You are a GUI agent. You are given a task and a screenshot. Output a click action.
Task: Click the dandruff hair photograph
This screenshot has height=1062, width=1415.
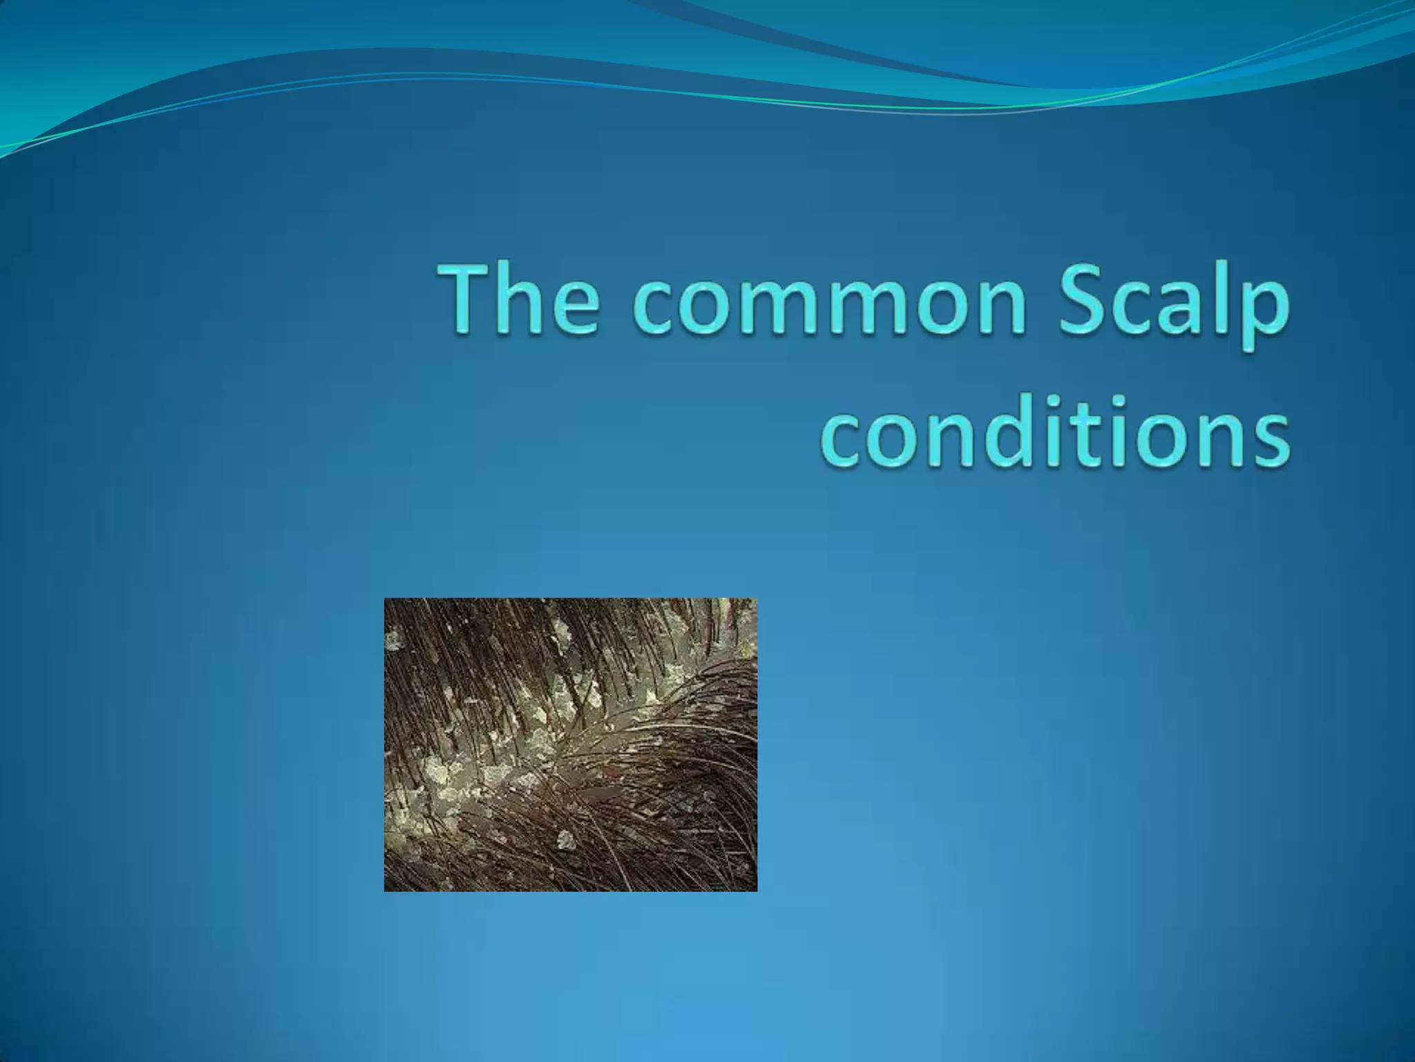click(x=570, y=745)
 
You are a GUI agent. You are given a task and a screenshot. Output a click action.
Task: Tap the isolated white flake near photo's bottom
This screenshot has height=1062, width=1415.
click(x=567, y=839)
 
